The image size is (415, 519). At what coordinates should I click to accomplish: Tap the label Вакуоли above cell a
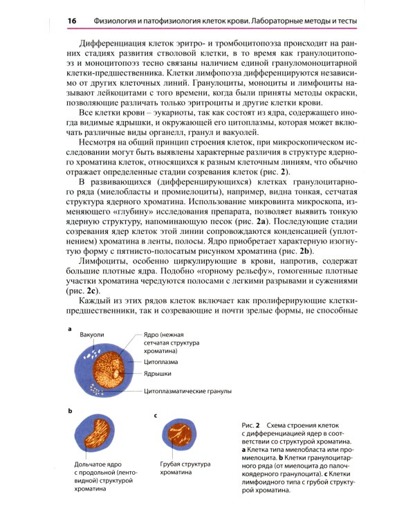[92, 335]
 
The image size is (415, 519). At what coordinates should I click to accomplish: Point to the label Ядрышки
[157, 373]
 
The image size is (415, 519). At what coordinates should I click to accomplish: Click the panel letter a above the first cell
[70, 329]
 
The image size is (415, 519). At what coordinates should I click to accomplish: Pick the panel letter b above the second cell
[70, 410]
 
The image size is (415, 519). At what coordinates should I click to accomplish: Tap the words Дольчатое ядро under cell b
[98, 464]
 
